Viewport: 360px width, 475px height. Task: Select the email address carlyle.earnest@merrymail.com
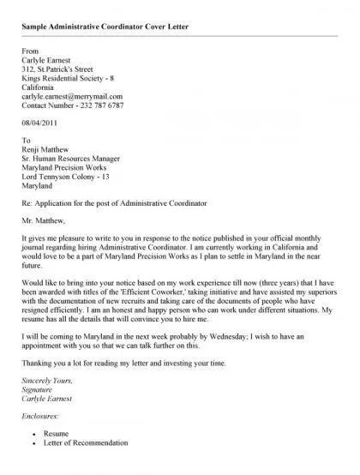click(x=72, y=97)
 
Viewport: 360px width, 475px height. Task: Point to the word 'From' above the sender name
click(x=30, y=52)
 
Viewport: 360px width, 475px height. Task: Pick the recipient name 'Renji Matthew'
click(x=47, y=150)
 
